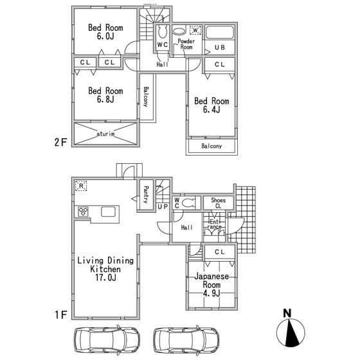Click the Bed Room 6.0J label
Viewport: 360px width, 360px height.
[x=105, y=32]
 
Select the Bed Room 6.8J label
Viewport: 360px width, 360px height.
[x=105, y=95]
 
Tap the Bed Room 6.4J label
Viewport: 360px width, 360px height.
[x=212, y=105]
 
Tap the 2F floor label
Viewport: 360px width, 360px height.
[x=60, y=142]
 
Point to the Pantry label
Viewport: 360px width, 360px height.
[x=146, y=194]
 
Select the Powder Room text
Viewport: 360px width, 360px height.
[x=186, y=44]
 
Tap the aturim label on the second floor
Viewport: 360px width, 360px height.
[x=106, y=134]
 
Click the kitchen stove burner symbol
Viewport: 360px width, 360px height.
[x=84, y=212]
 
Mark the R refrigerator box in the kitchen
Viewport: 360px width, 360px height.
[x=82, y=186]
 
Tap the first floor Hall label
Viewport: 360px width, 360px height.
[x=186, y=228]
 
